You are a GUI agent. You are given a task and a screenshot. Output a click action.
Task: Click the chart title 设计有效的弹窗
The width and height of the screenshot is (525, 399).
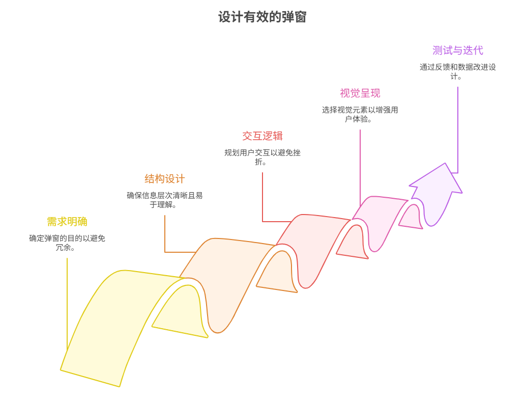262,17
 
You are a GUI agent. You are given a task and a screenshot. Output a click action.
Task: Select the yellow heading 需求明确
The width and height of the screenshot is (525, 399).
67,222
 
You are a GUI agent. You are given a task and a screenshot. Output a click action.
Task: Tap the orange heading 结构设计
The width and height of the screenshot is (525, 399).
165,179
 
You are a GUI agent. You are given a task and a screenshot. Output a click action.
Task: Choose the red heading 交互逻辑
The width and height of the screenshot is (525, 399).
262,136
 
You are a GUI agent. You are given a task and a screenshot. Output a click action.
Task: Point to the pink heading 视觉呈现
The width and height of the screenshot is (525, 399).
360,93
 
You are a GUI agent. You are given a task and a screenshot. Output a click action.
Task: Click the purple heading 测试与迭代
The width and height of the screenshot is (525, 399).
458,50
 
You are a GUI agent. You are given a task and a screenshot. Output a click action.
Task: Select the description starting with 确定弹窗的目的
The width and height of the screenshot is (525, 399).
67,243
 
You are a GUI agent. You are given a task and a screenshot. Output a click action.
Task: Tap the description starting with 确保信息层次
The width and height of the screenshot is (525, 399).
165,200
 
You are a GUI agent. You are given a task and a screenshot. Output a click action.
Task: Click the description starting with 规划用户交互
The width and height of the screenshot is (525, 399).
262,157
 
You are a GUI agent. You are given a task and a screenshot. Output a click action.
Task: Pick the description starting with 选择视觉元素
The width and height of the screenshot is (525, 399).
360,115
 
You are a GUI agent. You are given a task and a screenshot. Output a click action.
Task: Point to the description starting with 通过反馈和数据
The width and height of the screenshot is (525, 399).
458,72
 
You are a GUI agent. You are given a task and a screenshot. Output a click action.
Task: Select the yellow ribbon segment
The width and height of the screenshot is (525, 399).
117,316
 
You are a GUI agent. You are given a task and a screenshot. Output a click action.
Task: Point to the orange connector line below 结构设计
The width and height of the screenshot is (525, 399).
165,234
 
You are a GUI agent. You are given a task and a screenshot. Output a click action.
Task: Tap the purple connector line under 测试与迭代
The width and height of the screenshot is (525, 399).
458,127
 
